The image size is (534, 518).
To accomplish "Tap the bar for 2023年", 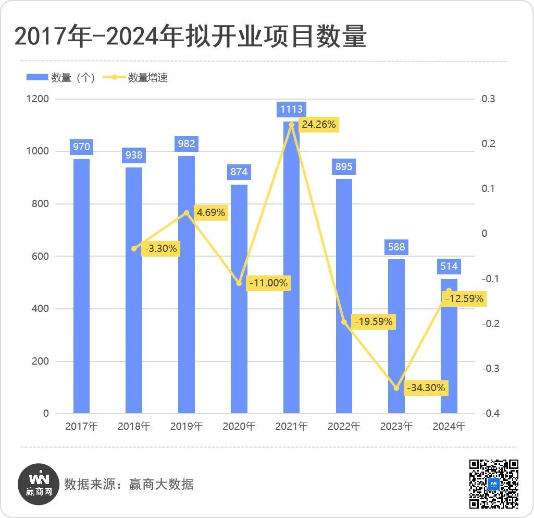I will [396, 336].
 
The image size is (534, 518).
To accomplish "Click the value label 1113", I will [291, 109].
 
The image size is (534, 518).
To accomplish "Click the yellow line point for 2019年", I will [187, 212].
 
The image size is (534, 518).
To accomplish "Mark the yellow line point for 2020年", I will [239, 283].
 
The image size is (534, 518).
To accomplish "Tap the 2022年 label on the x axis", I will [344, 426].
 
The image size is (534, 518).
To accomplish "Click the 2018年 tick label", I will [134, 426].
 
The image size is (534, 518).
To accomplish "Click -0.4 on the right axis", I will [491, 414].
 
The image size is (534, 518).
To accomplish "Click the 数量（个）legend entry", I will [60, 78].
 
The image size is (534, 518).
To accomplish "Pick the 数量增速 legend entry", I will [136, 78].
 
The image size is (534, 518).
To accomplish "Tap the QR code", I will [494, 484].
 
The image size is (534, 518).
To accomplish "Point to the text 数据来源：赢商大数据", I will [129, 484].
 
